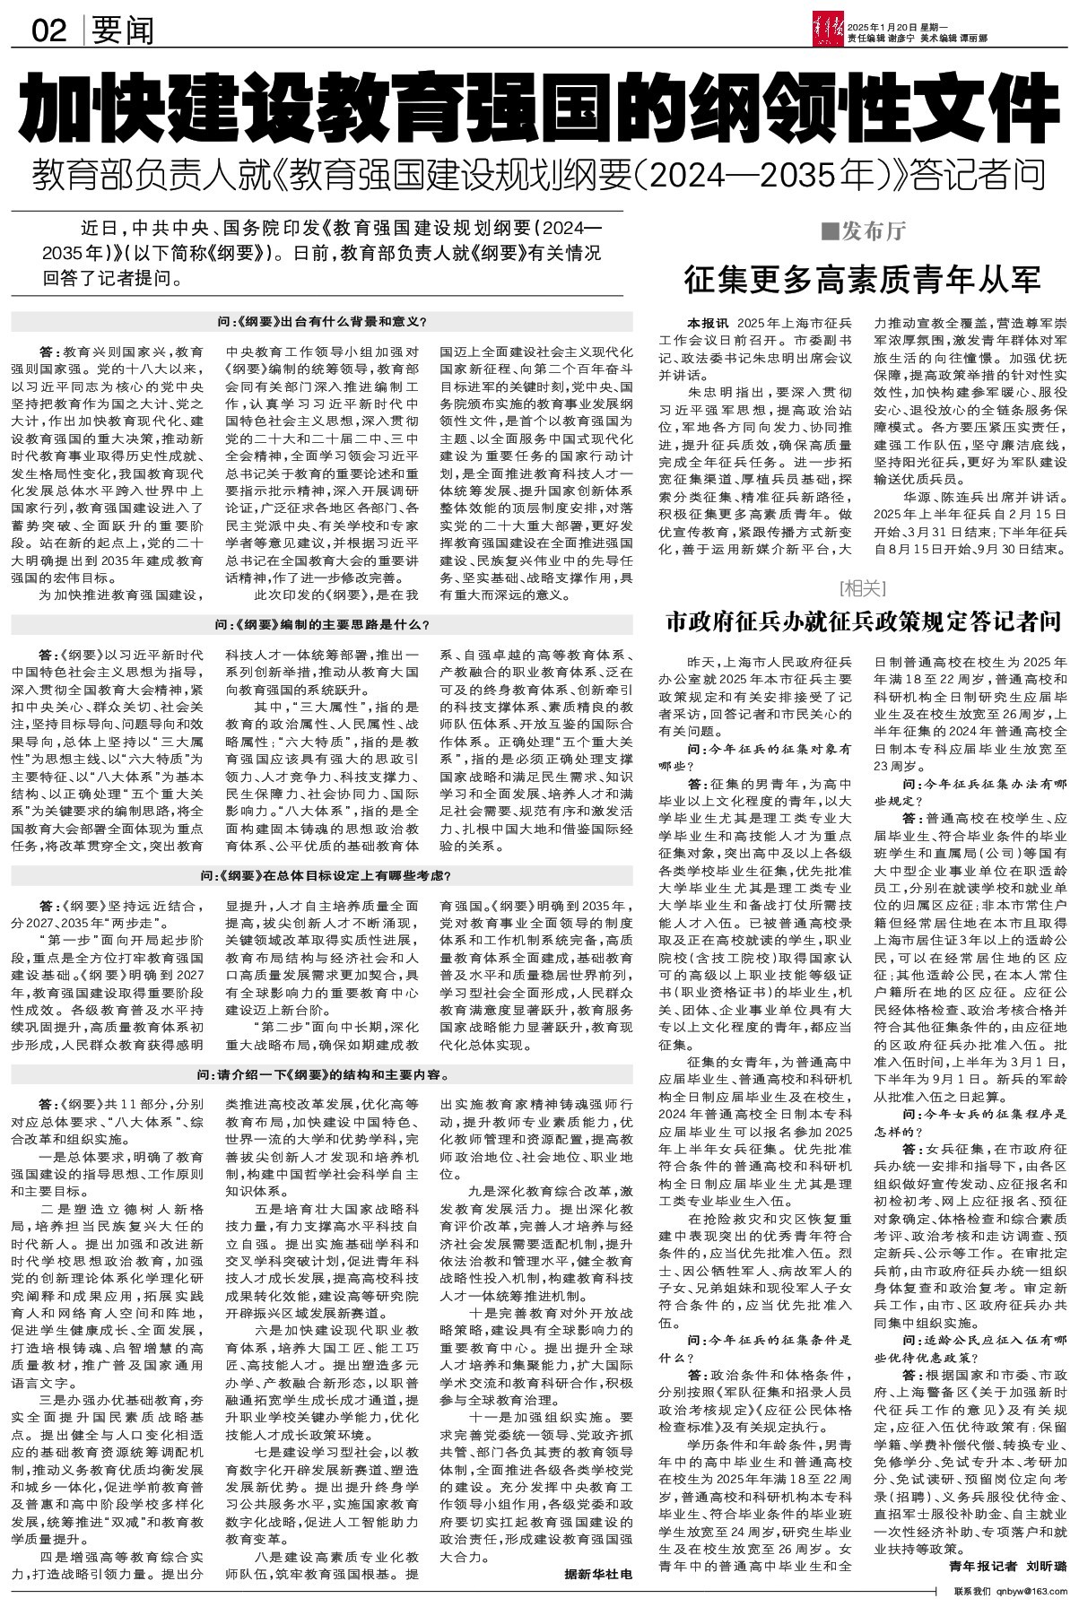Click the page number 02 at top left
[49, 32]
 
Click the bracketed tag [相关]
[862, 588]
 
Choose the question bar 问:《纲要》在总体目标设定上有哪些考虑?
[322, 874]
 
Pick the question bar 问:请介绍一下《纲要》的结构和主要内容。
[322, 1074]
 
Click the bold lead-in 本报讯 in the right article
[709, 322]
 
